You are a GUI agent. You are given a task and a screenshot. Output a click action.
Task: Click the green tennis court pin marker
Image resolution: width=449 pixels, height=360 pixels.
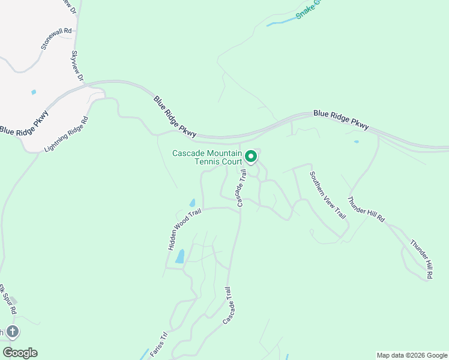(251, 157)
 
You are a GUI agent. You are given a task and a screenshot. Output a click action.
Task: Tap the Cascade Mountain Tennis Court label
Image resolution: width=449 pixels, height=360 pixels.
(207, 157)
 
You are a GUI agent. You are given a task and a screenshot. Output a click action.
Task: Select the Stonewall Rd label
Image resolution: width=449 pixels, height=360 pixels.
(56, 38)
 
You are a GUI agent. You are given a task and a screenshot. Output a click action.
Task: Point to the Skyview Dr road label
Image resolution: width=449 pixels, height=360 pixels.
(77, 65)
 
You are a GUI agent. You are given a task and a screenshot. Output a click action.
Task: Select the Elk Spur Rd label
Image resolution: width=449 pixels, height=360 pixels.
(6, 299)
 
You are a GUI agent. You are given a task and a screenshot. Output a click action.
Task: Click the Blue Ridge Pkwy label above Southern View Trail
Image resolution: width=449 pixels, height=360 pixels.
(341, 118)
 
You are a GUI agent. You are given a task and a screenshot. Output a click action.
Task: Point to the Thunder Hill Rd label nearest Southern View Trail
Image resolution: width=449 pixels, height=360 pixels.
(366, 210)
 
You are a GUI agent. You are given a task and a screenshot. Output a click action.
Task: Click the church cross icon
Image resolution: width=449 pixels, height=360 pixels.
(13, 332)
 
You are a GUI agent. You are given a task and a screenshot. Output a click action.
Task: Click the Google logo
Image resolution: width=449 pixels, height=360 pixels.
(20, 353)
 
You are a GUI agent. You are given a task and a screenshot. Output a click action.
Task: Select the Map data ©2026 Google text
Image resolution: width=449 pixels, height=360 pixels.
(412, 355)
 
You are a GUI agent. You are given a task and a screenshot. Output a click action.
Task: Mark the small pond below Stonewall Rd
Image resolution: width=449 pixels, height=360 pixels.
(34, 92)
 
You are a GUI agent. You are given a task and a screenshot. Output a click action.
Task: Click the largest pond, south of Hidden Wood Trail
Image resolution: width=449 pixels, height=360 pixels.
(179, 257)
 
